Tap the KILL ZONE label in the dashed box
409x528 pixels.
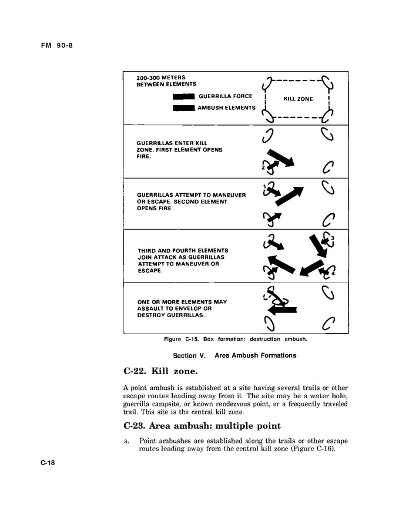tap(298, 99)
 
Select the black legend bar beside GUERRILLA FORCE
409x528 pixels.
tap(183, 96)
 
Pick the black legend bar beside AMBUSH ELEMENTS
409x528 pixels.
tap(183, 108)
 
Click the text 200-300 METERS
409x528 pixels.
tap(160, 78)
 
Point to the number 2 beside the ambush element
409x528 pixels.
tap(263, 168)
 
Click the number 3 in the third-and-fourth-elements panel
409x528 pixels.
tap(333, 237)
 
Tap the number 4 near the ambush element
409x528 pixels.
tap(333, 274)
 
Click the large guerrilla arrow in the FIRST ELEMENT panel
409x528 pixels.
tap(284, 159)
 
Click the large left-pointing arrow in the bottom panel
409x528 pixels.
tap(283, 310)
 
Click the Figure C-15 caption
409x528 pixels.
tap(236, 339)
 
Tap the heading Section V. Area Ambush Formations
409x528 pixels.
tap(234, 355)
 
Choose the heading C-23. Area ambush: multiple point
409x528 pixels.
tap(202, 426)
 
